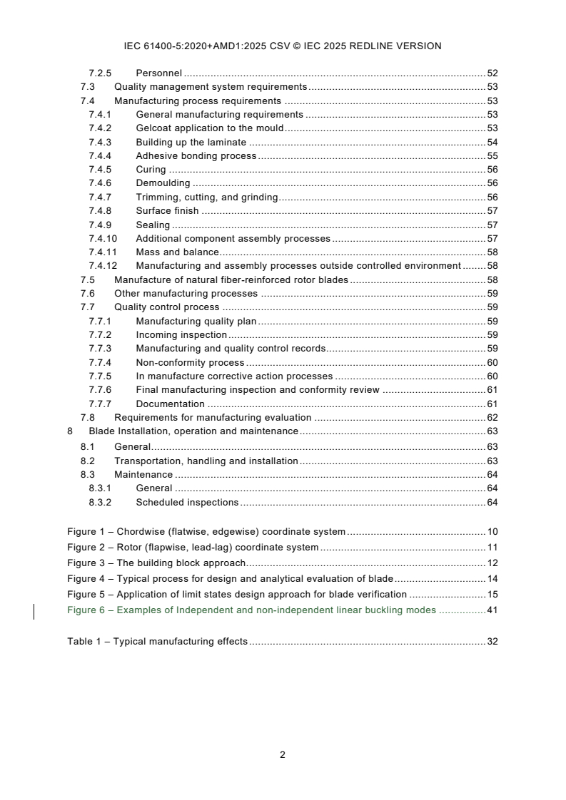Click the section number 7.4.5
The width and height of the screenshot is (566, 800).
100,170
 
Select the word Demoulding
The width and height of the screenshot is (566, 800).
163,183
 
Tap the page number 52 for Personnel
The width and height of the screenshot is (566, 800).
492,73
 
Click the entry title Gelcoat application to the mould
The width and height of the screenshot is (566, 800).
209,128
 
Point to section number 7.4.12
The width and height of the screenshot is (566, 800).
103,266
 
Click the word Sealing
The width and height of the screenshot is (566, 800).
153,225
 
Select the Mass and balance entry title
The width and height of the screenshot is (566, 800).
177,252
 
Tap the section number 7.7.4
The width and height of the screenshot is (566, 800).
100,363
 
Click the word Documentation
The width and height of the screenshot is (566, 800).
171,404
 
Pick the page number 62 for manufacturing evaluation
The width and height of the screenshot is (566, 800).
492,418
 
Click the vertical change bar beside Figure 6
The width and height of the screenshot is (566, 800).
34,611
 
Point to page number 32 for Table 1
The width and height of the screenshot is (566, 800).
492,642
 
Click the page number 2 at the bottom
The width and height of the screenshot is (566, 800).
283,755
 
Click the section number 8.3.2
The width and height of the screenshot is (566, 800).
100,503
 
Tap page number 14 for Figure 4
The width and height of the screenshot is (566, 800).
492,579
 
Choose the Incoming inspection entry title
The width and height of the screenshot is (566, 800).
181,335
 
